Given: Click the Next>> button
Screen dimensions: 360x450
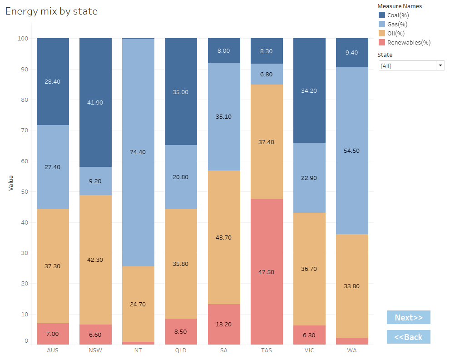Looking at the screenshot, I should click(408, 317).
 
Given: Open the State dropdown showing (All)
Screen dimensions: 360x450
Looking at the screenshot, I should click(411, 65).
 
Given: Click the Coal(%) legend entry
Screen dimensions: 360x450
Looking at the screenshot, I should click(398, 15).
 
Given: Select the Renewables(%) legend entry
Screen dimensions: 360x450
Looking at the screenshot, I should click(409, 42).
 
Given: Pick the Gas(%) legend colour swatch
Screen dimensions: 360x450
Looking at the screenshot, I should click(382, 24).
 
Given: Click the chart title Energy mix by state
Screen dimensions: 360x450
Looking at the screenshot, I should click(51, 11).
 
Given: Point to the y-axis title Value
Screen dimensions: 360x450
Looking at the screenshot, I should click(11, 182).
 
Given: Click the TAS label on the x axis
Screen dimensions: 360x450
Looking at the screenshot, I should click(267, 350).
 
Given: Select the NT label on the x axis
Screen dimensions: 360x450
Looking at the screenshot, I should click(138, 350).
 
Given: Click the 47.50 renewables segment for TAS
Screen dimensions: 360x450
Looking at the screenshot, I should click(267, 272).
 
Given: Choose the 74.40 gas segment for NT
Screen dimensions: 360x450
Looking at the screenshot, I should click(138, 152).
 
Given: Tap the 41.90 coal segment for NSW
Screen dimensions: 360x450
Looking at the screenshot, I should click(95, 102).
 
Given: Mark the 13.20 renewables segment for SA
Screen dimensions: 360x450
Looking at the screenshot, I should click(224, 324).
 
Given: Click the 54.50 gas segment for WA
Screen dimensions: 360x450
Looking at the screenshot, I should click(352, 150).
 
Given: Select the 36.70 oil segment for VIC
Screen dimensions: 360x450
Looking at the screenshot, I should click(309, 269).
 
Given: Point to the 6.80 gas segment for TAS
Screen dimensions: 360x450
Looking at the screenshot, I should click(267, 74).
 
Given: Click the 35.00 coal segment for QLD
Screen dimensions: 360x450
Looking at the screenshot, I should click(181, 92).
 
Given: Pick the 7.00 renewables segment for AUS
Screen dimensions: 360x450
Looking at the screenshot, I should click(53, 334).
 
